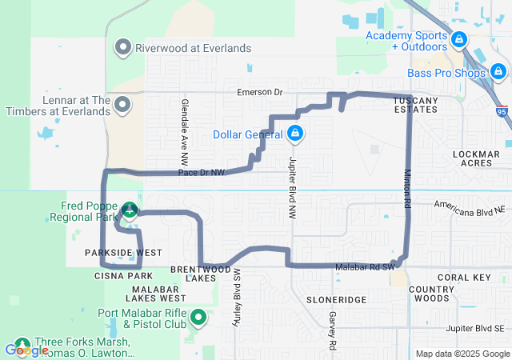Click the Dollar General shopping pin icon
295,133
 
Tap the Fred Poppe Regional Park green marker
128,210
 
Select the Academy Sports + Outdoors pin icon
458,38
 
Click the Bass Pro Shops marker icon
499,74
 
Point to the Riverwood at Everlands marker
123,48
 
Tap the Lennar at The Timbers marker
123,105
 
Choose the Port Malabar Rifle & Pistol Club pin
198,319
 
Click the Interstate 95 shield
502,113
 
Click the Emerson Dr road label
260,93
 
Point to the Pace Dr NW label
202,172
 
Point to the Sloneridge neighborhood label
336,298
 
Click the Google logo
26,350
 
